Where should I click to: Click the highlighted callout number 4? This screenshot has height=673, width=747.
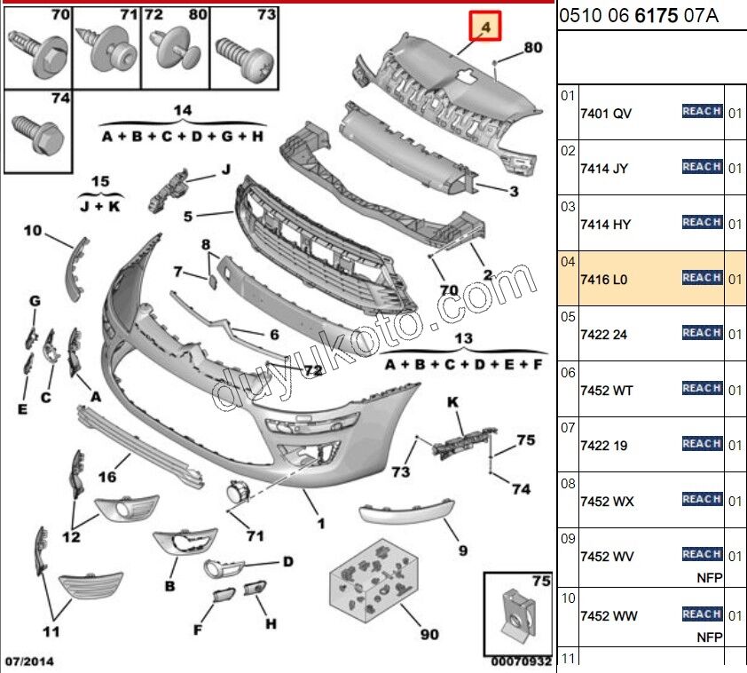485,28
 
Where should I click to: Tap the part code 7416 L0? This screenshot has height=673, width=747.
603,279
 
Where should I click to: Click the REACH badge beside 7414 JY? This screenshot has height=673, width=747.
701,167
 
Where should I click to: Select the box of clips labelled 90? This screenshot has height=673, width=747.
373,577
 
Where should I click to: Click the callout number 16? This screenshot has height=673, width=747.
106,477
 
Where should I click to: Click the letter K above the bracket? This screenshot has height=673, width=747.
452,403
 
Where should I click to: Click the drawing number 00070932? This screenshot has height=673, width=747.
522,661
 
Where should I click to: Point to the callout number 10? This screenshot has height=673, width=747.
33,232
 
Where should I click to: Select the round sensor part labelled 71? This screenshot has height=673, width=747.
237,494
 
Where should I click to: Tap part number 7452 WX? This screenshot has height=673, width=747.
607,501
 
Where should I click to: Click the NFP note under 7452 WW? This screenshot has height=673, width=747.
709,637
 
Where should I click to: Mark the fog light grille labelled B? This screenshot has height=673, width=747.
185,542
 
